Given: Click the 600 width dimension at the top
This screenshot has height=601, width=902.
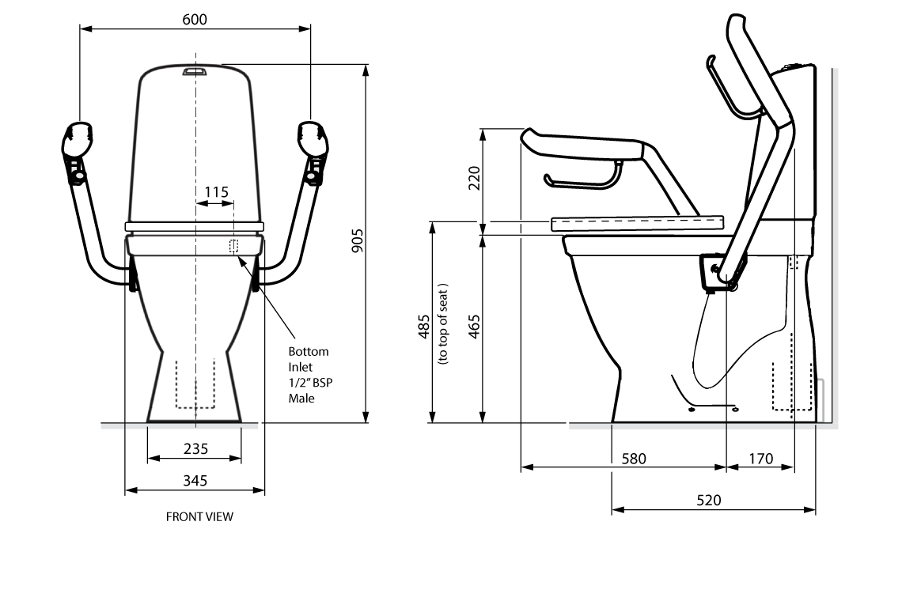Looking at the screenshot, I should pyautogui.click(x=195, y=19).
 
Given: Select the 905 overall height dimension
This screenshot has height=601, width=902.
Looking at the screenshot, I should pyautogui.click(x=357, y=240).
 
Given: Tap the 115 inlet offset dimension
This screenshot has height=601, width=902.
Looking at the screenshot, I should pyautogui.click(x=216, y=191).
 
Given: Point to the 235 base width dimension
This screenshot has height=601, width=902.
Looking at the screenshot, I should pyautogui.click(x=195, y=448).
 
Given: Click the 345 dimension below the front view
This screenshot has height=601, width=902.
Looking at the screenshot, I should pyautogui.click(x=195, y=481).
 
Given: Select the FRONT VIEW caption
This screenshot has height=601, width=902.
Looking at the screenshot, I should pyautogui.click(x=199, y=517).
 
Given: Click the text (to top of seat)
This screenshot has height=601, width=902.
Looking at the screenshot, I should pyautogui.click(x=443, y=324).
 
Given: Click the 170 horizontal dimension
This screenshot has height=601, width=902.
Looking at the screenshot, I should pyautogui.click(x=760, y=458).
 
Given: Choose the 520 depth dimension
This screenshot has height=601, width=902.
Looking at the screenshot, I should pyautogui.click(x=709, y=500).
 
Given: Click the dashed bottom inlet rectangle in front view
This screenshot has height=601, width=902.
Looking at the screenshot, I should pyautogui.click(x=233, y=246).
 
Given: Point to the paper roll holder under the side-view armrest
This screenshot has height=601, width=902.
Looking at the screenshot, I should pyautogui.click(x=582, y=180).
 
